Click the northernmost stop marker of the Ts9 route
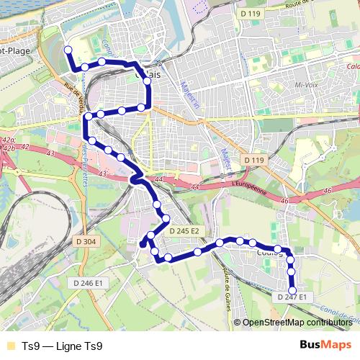coord(68,50)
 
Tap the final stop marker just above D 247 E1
coord(292,290)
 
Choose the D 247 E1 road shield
coord(292,297)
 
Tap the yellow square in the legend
coord(9,345)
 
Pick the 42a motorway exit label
coord(9,140)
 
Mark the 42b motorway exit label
coord(9,148)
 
